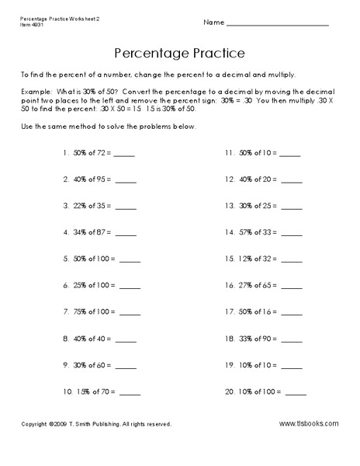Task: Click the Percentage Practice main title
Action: coord(179,54)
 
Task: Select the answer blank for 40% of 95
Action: coord(126,182)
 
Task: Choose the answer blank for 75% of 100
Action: coord(130,314)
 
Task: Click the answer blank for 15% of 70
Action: coord(130,394)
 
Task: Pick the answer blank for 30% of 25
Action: coord(292,208)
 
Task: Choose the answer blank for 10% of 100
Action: coord(296,394)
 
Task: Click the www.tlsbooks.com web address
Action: coord(308,423)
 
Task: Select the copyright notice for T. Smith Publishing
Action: coord(96,424)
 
